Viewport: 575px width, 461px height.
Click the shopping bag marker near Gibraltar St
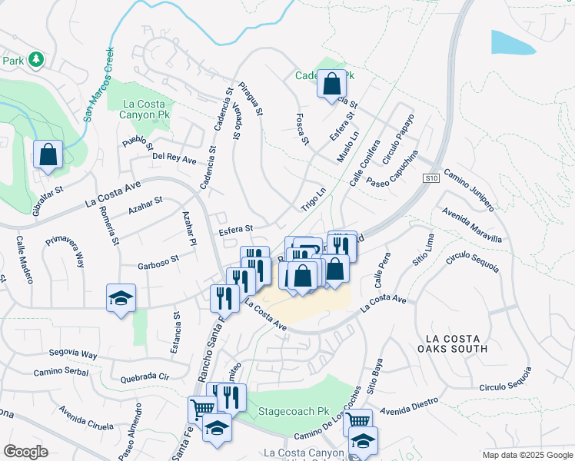coord(48,154)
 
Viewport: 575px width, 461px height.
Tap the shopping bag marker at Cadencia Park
coord(331,85)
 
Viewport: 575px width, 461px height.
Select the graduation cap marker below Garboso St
coord(121,298)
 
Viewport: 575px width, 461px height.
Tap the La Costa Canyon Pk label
coord(138,109)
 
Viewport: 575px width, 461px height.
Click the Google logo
coord(25,452)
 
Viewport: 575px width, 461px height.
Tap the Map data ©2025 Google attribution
coord(527,455)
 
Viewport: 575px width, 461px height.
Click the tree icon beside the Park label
coord(35,59)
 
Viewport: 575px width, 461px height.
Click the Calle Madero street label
coord(24,259)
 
